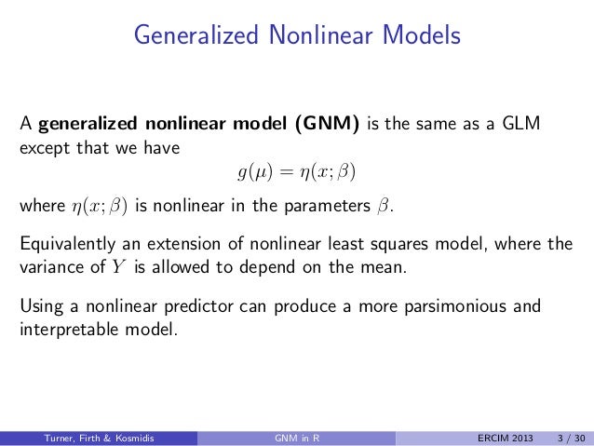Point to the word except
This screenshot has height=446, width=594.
point(42,147)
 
